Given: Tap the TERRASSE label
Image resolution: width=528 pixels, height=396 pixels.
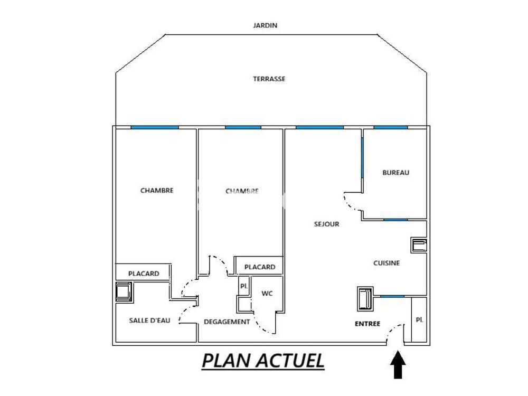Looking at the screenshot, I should [269, 79].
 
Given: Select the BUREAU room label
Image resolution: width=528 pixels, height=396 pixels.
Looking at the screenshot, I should [396, 173].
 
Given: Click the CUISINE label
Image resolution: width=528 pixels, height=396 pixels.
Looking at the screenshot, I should [386, 263].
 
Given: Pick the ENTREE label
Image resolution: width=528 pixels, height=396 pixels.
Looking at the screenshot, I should [367, 324].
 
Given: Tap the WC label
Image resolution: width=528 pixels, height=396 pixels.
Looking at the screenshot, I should [267, 294].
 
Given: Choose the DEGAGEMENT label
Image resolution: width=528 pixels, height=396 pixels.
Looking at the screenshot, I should [227, 322].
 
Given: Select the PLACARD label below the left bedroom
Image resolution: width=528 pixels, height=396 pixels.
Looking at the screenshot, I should [144, 274].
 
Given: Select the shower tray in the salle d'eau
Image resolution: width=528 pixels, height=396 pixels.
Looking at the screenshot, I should [124, 292].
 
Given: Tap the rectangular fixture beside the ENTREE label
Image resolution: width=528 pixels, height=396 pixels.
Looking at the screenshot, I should [365, 299].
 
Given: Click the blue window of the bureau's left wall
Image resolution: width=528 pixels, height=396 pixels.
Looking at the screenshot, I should [363, 157].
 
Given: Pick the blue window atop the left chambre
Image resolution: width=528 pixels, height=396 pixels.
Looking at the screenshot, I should [155, 127].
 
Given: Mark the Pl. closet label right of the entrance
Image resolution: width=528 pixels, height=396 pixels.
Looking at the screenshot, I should [419, 320].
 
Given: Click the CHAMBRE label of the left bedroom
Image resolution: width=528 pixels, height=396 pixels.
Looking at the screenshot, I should [157, 191].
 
